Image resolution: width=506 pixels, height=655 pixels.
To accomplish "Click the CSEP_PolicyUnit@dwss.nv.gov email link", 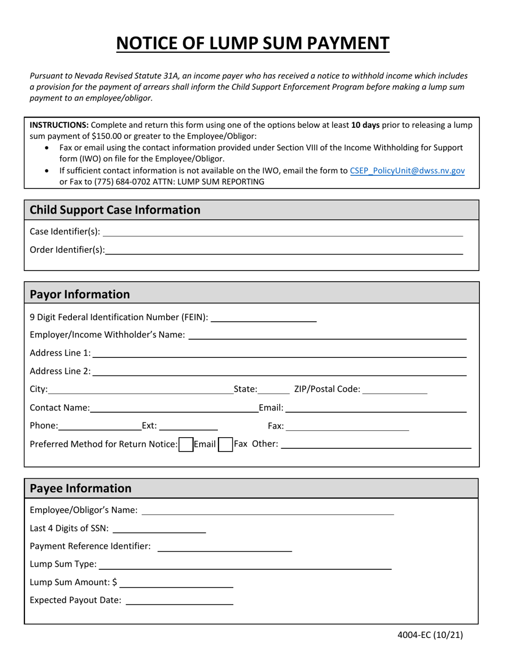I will [x=407, y=171].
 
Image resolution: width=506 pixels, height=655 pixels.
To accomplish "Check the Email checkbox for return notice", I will [x=185, y=444].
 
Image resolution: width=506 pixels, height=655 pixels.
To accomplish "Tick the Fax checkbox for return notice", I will [x=225, y=444].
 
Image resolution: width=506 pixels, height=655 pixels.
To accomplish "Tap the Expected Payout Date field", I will [x=179, y=600].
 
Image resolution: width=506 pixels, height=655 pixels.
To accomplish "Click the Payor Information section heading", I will [x=80, y=294].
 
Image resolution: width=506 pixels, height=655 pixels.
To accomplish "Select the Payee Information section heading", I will [x=80, y=488].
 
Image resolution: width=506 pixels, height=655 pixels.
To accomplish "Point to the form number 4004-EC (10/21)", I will [x=430, y=634].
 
